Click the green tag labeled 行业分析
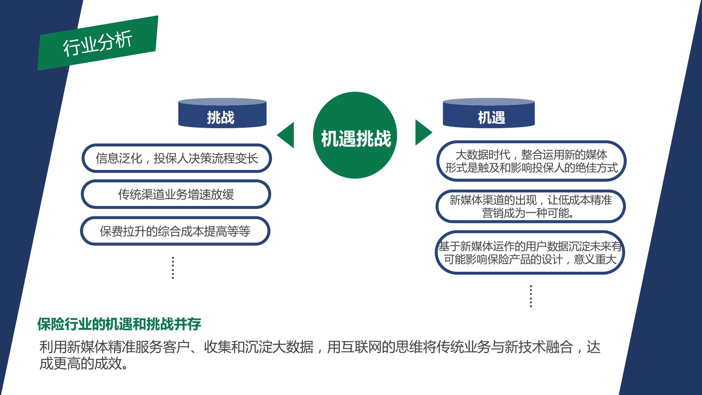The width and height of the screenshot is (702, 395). coord(98,43)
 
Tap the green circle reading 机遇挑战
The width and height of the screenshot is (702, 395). coord(355,135)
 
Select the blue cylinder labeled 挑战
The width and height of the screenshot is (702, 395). coord(223,113)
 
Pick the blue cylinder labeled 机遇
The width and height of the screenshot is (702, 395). coord(489,113)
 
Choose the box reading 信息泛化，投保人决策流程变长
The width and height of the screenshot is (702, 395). coord(177,158)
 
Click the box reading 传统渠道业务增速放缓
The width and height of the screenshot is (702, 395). coord(176,194)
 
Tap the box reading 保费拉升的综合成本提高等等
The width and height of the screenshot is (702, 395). coord(175,231)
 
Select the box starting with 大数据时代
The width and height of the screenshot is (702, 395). coord(531,161)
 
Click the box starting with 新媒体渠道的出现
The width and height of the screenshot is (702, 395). coord(531,206)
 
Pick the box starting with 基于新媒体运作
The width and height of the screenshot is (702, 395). coord(530,252)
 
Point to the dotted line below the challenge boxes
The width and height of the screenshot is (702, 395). coord(173,268)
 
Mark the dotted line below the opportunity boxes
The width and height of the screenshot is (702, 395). coord(531,296)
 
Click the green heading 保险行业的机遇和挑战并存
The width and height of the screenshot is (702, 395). coord(119,324)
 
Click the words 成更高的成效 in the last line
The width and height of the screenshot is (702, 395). coord(80,363)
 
